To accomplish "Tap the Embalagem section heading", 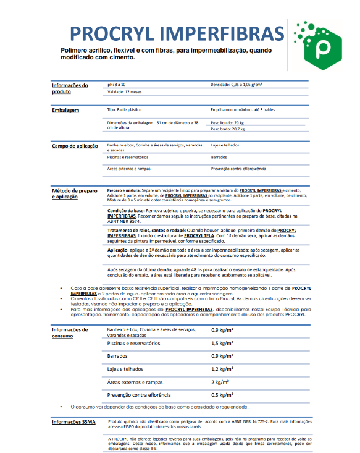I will pyautogui.click(x=65, y=110).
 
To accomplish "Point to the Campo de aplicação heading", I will pyautogui.click(x=74, y=146).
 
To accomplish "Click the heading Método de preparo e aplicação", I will pyautogui.click(x=74, y=193).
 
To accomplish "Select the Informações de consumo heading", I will pyautogui.click(x=69, y=333).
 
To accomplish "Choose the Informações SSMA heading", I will pyautogui.click(x=72, y=421).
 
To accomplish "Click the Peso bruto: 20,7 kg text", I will pyautogui.click(x=228, y=130).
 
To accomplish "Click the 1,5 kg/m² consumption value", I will pyautogui.click(x=222, y=343).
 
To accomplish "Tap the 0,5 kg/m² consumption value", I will pyautogui.click(x=222, y=394).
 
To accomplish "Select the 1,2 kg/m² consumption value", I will pyautogui.click(x=222, y=369).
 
